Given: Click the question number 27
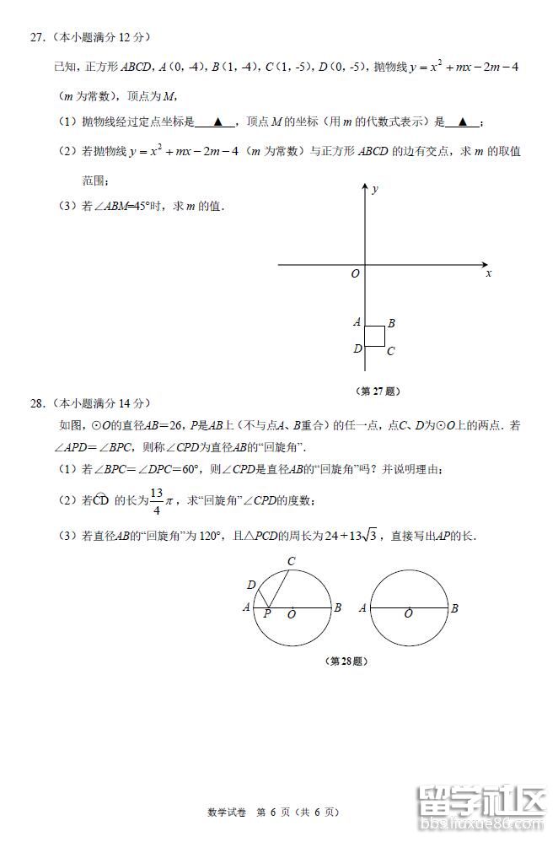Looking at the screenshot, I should pyautogui.click(x=36, y=37).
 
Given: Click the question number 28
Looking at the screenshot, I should pyautogui.click(x=36, y=403).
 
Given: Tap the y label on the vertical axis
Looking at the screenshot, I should pyautogui.click(x=374, y=189).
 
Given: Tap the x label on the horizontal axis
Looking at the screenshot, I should pyautogui.click(x=489, y=273).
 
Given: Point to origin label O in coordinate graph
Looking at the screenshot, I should pyautogui.click(x=355, y=273).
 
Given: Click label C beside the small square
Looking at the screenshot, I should pyautogui.click(x=391, y=351).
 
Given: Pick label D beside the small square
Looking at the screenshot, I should pyautogui.click(x=357, y=348).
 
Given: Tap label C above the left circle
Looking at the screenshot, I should pyautogui.click(x=291, y=562).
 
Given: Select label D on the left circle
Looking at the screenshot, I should pyautogui.click(x=251, y=585).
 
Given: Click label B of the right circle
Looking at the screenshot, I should pyautogui.click(x=453, y=607).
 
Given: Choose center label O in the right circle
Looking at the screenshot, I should pyautogui.click(x=408, y=614).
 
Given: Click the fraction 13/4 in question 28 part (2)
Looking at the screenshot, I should pyautogui.click(x=156, y=500).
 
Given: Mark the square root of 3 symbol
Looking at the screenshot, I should pyautogui.click(x=368, y=536).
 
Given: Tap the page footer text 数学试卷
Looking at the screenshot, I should pyautogui.click(x=225, y=812).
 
